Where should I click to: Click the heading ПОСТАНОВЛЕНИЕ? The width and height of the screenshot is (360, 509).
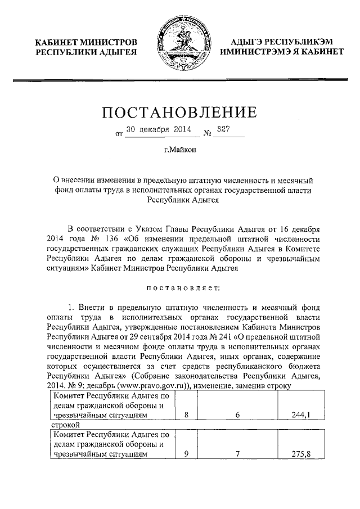[x=179, y=112]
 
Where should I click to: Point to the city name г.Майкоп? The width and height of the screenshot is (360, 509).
[x=179, y=150]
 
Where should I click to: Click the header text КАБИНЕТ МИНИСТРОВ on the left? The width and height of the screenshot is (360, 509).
[x=86, y=42]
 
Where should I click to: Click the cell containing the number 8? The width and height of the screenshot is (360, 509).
[x=186, y=415]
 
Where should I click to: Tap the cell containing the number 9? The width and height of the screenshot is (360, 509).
[x=186, y=454]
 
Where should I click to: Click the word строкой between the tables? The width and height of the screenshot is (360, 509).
[x=63, y=426]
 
